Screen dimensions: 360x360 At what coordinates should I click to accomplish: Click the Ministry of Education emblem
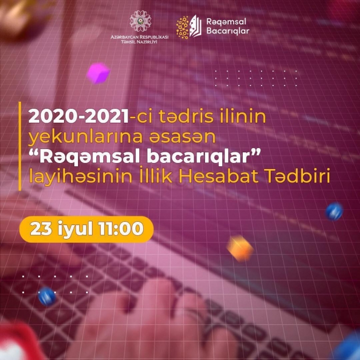[140, 21]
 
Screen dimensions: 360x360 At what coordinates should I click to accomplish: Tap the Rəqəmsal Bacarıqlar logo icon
[189, 27]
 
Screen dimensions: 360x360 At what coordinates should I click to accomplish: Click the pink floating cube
[98, 73]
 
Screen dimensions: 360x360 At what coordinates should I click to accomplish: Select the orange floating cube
[240, 249]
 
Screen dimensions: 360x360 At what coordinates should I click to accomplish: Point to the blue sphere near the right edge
[334, 211]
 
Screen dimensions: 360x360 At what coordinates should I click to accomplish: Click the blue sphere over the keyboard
[47, 297]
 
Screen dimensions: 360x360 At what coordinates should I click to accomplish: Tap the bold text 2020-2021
[78, 116]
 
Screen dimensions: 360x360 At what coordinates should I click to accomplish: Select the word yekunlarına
[85, 137]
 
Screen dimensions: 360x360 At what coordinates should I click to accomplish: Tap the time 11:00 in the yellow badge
[121, 229]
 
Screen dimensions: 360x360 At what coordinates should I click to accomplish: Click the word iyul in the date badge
[75, 229]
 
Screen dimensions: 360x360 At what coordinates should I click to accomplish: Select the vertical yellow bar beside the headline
[20, 146]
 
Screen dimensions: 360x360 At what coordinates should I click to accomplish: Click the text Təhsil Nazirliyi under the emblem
[139, 42]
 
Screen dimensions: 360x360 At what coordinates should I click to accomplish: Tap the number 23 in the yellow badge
[41, 229]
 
